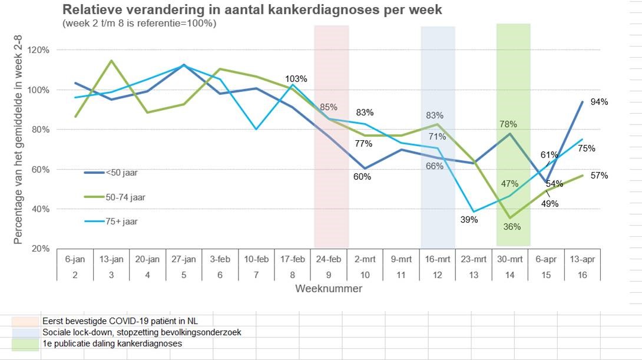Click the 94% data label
click(600, 102)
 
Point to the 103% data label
click(296, 79)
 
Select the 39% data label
click(469, 220)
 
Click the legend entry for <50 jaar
click(121, 173)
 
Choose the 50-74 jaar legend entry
click(125, 197)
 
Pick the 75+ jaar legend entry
click(122, 222)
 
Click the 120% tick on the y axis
click(39, 50)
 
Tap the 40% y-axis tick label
click(41, 209)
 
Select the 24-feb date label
click(329, 258)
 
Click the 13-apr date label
click(582, 258)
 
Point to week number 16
click(582, 274)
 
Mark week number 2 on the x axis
click(75, 274)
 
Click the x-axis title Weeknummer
click(329, 289)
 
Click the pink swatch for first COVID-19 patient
click(25, 321)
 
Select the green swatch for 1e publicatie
click(25, 344)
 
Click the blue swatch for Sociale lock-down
click(25, 332)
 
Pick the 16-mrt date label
click(437, 258)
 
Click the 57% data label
click(600, 176)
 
